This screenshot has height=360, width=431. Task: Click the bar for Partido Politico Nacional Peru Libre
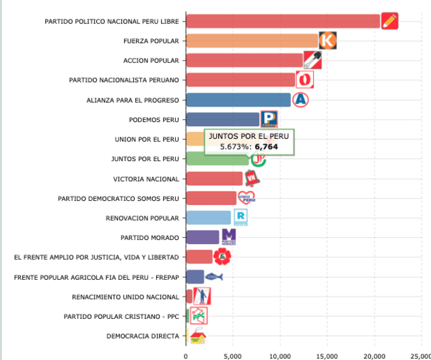pos(283,21)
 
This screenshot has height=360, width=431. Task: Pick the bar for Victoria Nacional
pos(213,179)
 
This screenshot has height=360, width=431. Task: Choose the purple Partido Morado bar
pos(202,237)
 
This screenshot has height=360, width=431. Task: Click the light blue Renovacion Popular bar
pos(208,218)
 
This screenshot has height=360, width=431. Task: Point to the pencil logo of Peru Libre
pos(389,21)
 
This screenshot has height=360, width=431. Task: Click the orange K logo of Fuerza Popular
pos(327,40)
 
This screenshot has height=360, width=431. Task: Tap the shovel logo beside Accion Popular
pos(312,61)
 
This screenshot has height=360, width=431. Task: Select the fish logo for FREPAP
pos(213,276)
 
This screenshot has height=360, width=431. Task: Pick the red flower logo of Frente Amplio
pos(222,257)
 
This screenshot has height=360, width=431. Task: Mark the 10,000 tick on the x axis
pos(280,356)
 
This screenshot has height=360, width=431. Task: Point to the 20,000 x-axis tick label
pos(374,356)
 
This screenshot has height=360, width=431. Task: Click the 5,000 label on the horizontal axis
pos(233,356)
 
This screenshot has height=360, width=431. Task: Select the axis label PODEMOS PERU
pos(154,120)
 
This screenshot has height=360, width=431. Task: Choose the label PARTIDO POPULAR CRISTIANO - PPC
pos(121,316)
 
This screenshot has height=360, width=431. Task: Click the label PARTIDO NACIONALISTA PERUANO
pos(124,80)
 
